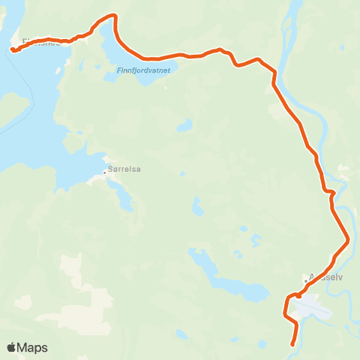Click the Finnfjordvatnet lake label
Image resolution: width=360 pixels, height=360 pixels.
144,70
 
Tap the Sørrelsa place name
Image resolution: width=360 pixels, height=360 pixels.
125,169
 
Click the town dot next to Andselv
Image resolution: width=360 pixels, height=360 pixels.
306,281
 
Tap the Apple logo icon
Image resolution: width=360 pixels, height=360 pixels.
11,347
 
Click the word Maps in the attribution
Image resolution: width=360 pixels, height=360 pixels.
33,347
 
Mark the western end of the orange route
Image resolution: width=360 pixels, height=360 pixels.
13,50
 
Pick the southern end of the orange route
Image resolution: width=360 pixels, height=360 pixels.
292,345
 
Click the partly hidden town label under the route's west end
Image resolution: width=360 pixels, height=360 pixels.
37,43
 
